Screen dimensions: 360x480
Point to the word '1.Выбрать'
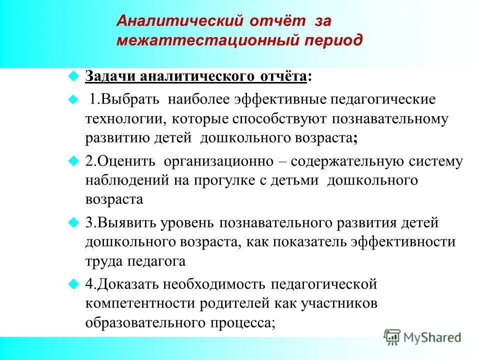click(x=124, y=98)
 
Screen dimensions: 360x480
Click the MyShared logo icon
click(x=392, y=337)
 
